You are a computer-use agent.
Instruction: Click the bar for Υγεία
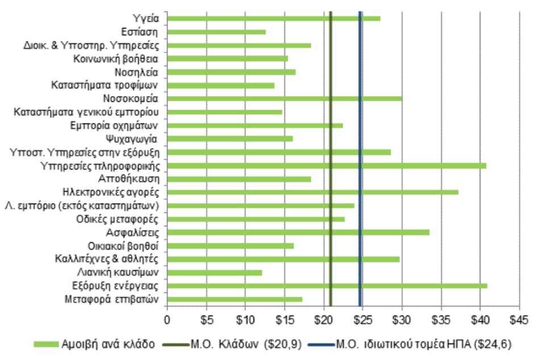(x=273, y=19)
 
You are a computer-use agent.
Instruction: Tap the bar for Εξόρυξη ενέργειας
(x=327, y=285)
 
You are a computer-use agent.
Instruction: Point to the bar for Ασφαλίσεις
(x=298, y=232)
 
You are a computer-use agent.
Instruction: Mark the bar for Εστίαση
(x=216, y=32)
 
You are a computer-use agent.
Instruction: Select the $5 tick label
(x=206, y=320)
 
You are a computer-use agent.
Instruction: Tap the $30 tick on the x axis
(x=402, y=320)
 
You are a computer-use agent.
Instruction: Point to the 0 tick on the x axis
(x=167, y=320)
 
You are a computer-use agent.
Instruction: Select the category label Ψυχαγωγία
(x=134, y=139)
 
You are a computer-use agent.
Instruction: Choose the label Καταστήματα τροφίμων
(x=105, y=85)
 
